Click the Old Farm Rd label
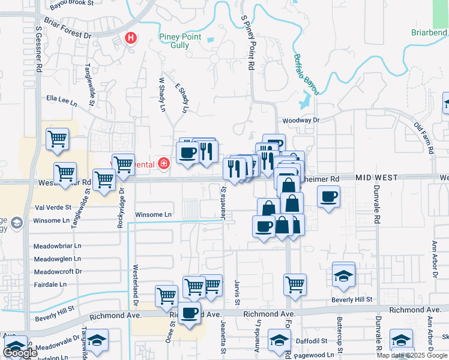click(x=424, y=139)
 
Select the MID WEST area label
click(x=377, y=178)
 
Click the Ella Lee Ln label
click(x=62, y=99)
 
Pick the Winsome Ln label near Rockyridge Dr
click(x=153, y=214)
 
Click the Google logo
click(x=20, y=353)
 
